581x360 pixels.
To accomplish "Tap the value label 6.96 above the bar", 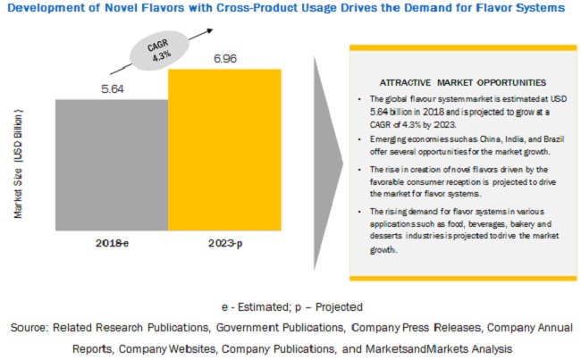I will coord(224,56).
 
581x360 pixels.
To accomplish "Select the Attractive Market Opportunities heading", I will coord(454,82).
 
